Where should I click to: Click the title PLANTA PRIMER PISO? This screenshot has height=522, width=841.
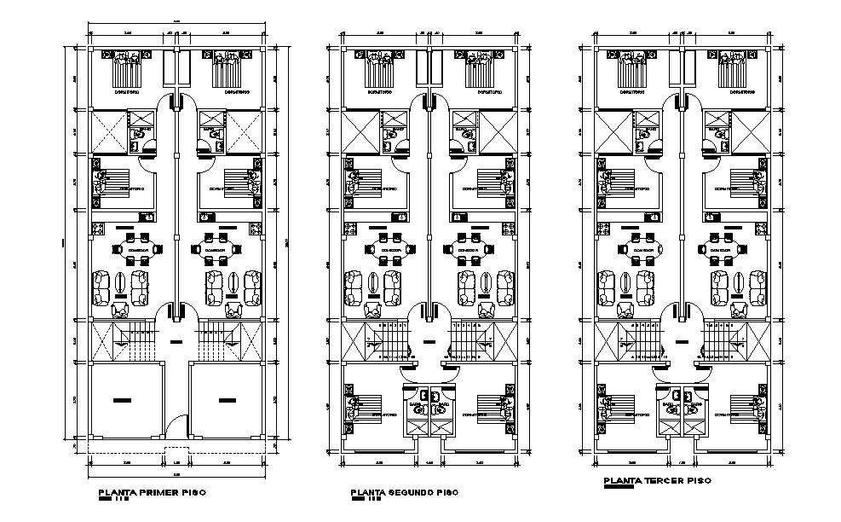152,492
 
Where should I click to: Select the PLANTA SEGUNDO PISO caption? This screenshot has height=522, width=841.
403,493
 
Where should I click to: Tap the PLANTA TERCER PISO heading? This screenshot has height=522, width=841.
654,481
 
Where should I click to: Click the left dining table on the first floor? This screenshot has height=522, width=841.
134,249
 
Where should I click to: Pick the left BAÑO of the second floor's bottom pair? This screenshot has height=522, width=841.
417,407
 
